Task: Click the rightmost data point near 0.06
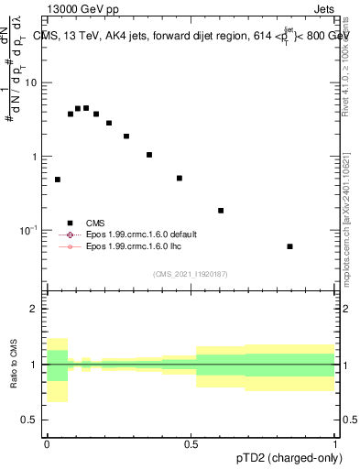(x=289, y=246)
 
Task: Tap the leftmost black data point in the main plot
(x=58, y=180)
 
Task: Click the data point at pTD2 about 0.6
(x=221, y=211)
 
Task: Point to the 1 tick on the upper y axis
(x=38, y=157)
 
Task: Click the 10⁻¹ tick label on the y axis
(x=31, y=230)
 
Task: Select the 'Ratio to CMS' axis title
(x=14, y=365)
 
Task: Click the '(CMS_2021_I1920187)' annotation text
(x=191, y=274)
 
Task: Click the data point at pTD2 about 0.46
(x=180, y=179)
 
